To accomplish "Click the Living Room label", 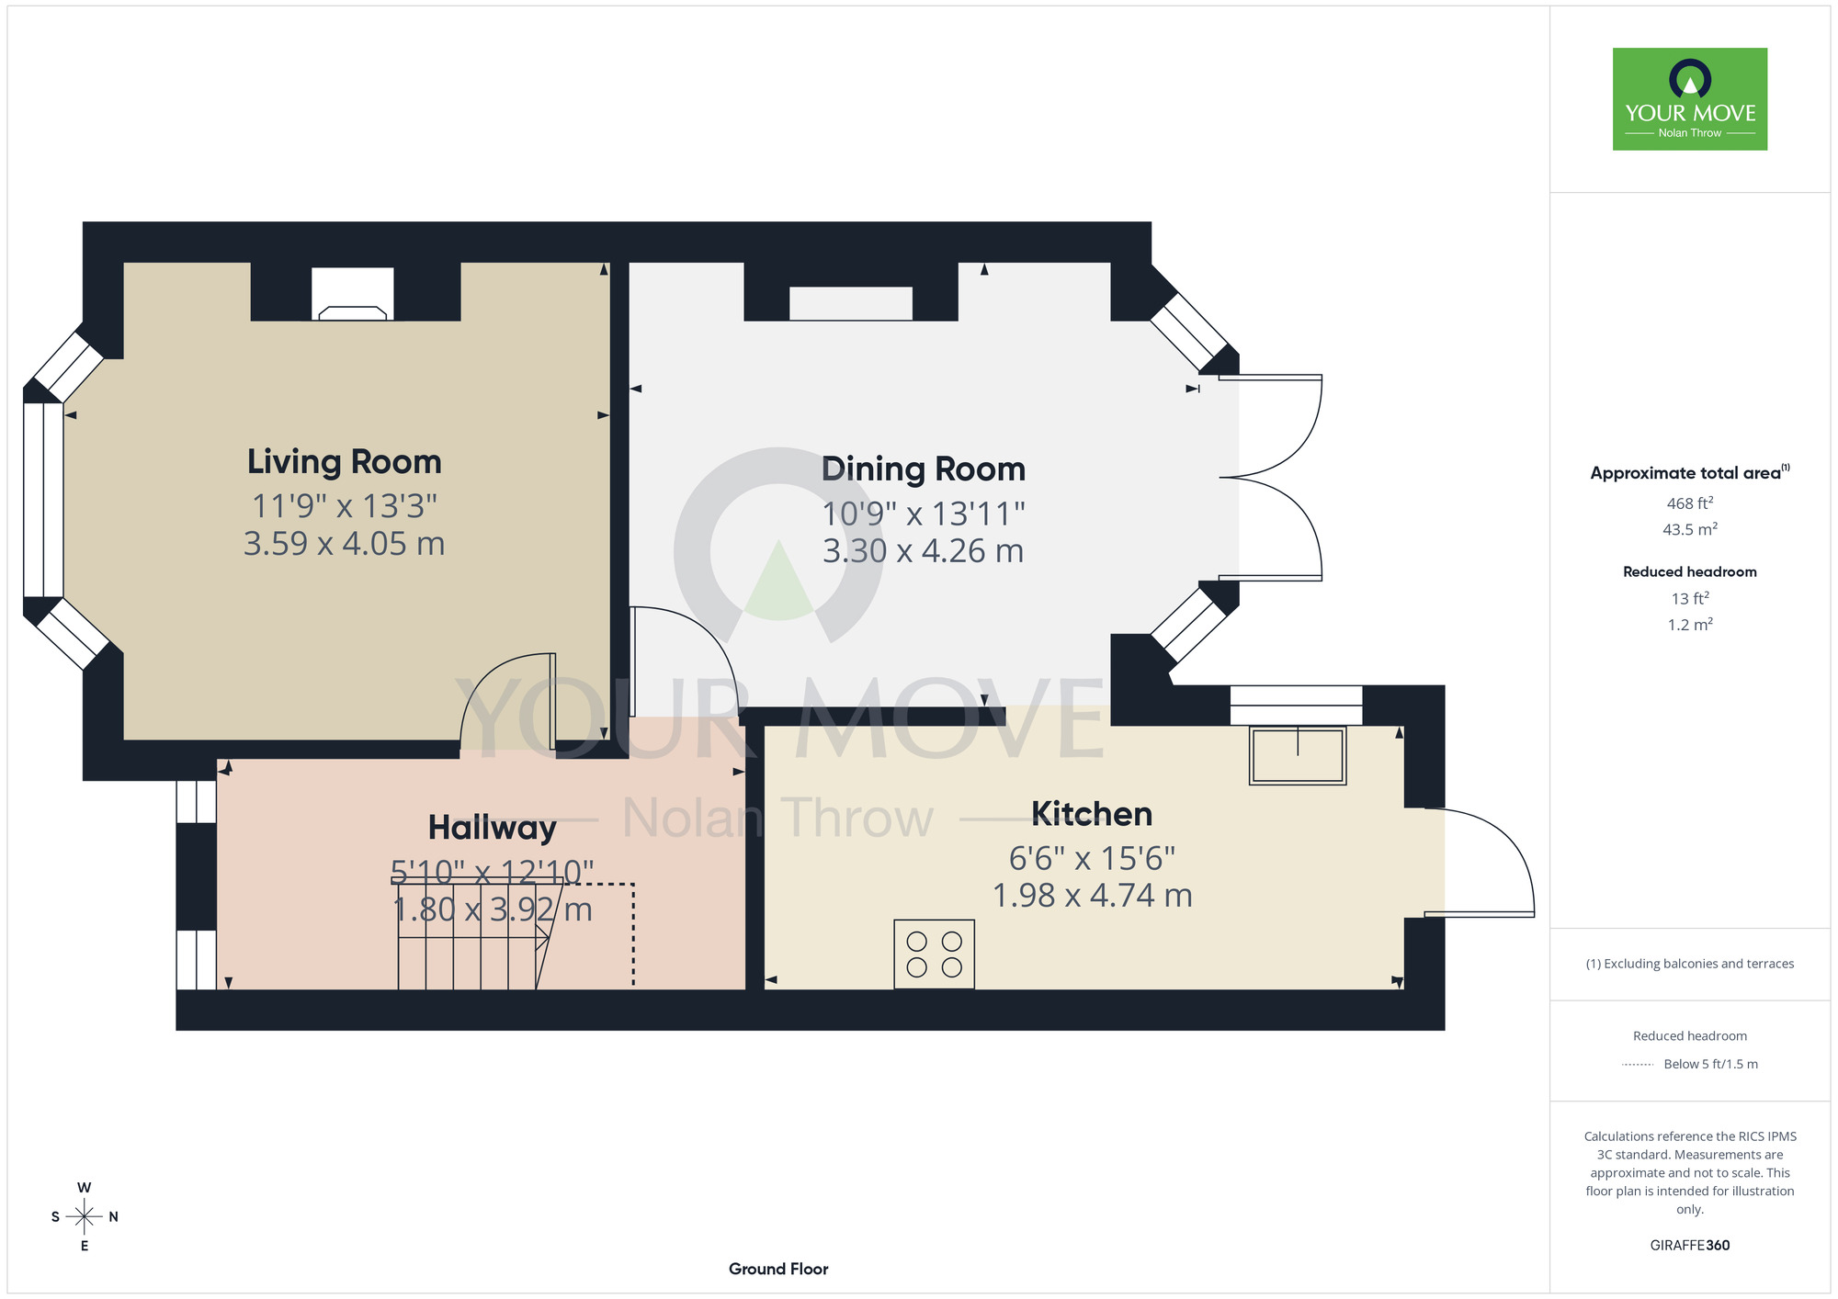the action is click(x=345, y=462).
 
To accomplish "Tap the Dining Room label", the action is click(x=923, y=469).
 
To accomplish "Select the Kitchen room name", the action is click(x=1092, y=814).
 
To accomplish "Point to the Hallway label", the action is click(x=493, y=828).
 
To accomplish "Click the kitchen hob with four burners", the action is click(x=934, y=954).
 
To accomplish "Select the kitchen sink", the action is click(x=1298, y=755).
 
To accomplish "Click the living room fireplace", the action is click(x=353, y=294).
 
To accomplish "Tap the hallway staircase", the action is click(x=473, y=937).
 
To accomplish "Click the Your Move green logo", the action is click(x=1690, y=99).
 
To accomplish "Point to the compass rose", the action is click(x=85, y=1217).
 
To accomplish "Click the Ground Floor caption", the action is click(x=778, y=1269).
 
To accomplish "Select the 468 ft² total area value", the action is click(x=1690, y=503).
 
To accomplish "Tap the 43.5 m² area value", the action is click(x=1690, y=529).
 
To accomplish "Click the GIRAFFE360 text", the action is click(x=1690, y=1246).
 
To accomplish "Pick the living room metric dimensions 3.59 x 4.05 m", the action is click(x=345, y=544).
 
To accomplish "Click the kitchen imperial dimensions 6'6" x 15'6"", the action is click(x=1092, y=858).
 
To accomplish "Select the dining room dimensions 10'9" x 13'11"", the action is click(x=923, y=514).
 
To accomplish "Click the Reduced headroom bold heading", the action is click(x=1690, y=571).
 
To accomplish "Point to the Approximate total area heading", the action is click(x=1690, y=472).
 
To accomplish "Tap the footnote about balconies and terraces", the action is click(x=1690, y=964).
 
